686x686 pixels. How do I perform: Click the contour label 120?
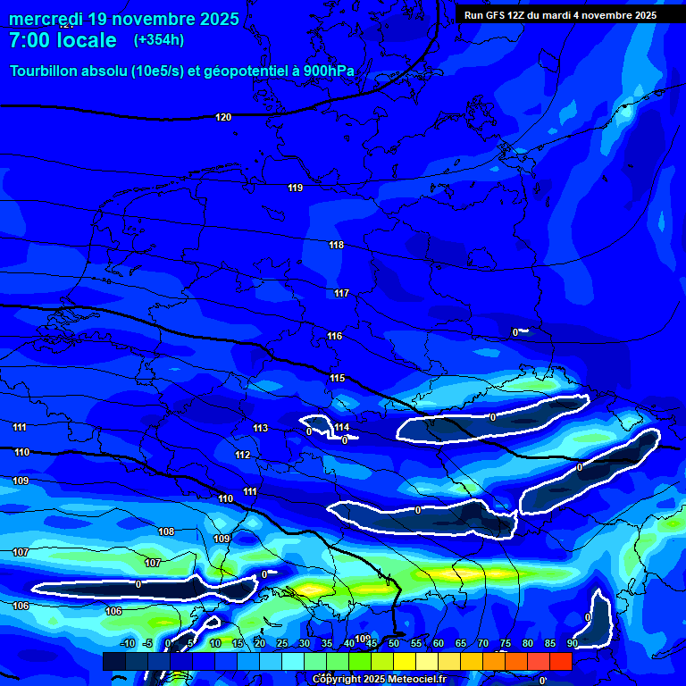tap(223, 118)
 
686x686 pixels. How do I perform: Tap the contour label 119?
tap(296, 188)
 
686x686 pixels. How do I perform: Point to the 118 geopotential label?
tap(336, 245)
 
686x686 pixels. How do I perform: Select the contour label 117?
tap(341, 293)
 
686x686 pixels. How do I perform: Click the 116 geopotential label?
tap(334, 336)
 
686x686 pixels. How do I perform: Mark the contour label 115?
tap(337, 378)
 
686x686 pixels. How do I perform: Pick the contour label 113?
tap(260, 428)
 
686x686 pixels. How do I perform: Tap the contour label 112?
tap(243, 455)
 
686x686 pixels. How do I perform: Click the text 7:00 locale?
tap(63, 40)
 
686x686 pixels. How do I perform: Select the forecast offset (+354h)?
tap(158, 40)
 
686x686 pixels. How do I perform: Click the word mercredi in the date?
tap(46, 19)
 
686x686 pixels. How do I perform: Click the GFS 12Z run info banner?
tap(560, 15)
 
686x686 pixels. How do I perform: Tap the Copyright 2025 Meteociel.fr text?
tap(378, 680)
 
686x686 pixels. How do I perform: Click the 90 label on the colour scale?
tap(572, 643)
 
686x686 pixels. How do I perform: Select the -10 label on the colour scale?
tap(128, 643)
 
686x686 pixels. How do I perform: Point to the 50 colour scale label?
tap(393, 643)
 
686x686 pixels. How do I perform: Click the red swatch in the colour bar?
tap(560, 661)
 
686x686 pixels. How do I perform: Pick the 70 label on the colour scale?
tap(482, 643)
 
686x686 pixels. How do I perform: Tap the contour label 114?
tap(342, 427)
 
